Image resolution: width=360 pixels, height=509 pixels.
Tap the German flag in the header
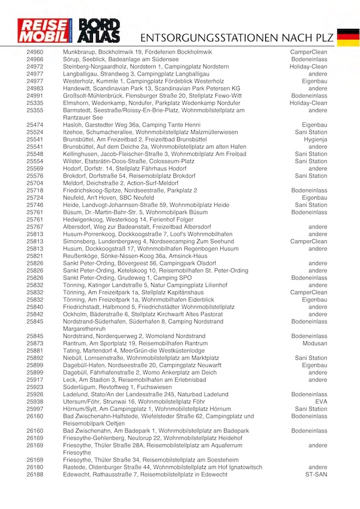click(x=348, y=37)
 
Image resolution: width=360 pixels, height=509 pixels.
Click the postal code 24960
click(x=35, y=52)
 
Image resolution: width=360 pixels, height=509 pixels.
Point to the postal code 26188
click(x=35, y=475)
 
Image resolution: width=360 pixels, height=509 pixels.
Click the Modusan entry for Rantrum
click(x=315, y=343)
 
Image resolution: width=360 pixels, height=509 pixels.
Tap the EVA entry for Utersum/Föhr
click(x=321, y=402)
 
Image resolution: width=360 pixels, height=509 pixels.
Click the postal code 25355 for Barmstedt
click(x=35, y=110)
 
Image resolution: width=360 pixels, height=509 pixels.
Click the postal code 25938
click(x=35, y=402)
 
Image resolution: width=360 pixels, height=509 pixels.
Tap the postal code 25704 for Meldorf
click(x=35, y=183)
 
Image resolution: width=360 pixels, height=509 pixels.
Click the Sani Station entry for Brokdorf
click(x=311, y=176)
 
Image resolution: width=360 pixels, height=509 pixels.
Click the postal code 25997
click(x=35, y=409)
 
